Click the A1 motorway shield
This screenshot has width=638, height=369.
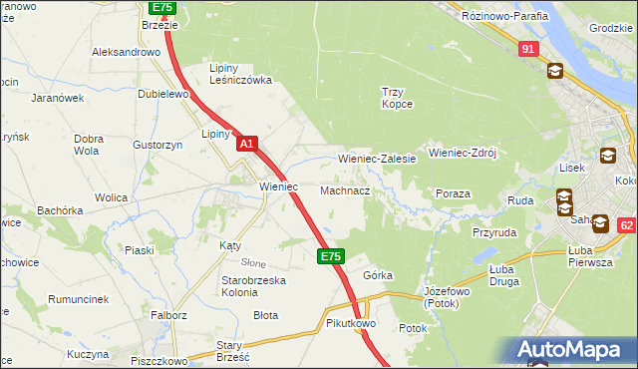248,145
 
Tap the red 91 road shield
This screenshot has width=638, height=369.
527,49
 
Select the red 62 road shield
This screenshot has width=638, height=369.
626,225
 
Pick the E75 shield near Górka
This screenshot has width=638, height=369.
331,257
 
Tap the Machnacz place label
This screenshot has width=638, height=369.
345,189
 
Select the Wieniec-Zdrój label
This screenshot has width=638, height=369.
462,154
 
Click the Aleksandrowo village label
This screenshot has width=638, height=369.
126,52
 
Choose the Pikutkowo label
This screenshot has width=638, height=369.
349,324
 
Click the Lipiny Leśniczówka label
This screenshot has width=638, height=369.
239,74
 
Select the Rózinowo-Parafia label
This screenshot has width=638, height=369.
504,16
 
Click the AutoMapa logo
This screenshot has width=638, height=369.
573,350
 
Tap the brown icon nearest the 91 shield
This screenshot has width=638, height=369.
554,71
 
